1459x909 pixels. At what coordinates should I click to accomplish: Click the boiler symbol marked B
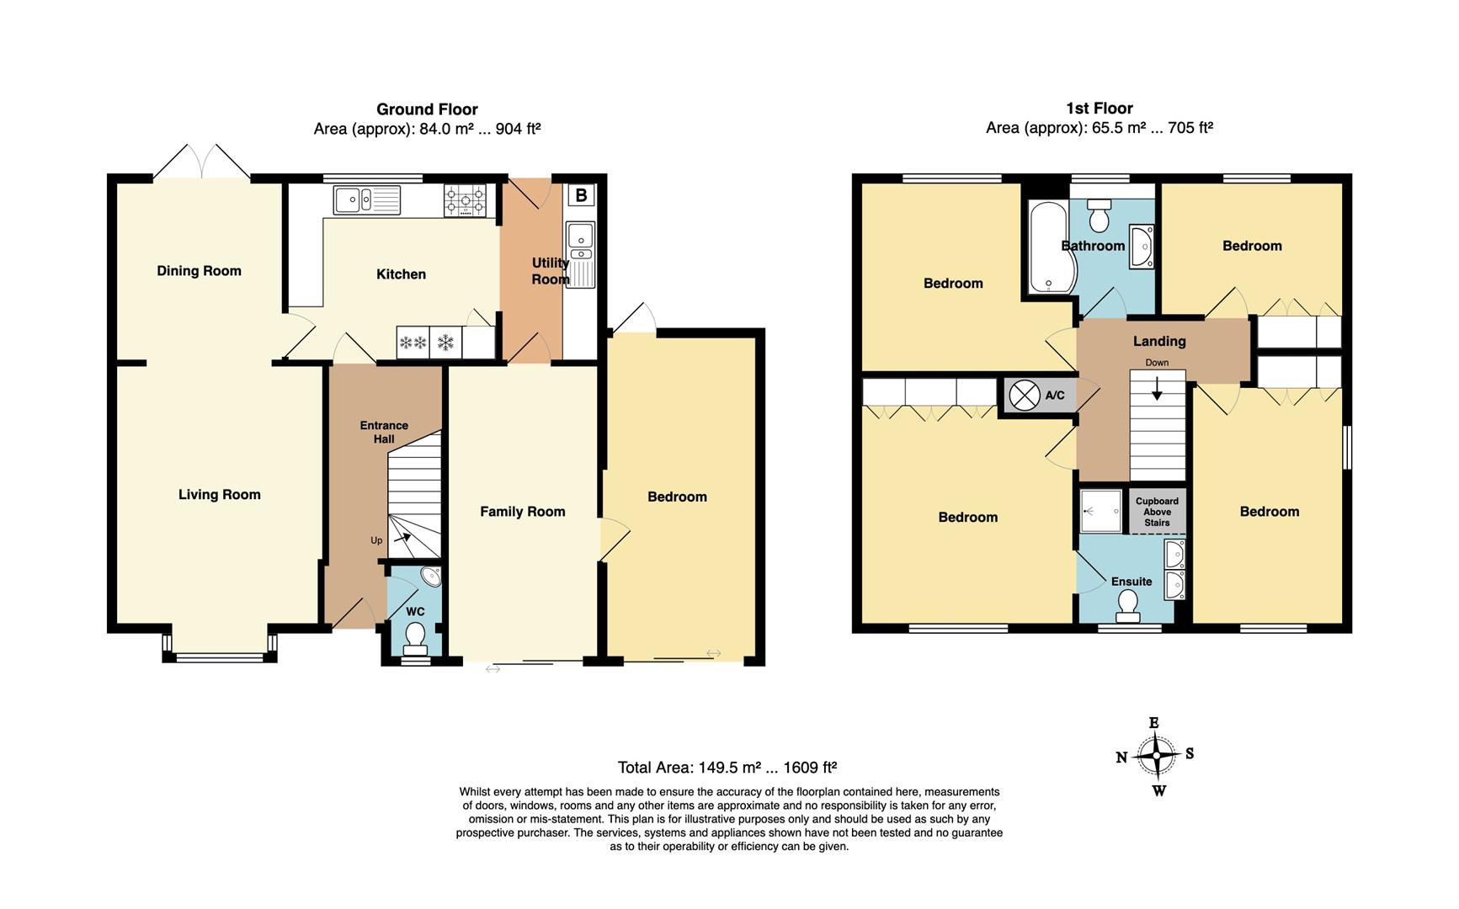pos(581,195)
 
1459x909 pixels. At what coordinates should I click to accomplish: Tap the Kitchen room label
pos(401,274)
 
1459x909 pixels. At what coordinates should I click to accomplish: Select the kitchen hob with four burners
pos(465,200)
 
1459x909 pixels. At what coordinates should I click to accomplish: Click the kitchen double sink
pos(367,199)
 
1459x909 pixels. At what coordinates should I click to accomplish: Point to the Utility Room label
pos(551,271)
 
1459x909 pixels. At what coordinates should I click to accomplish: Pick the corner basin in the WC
pos(431,577)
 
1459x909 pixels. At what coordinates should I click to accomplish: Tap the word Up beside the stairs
pos(376,540)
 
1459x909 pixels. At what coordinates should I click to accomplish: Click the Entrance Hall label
pos(384,432)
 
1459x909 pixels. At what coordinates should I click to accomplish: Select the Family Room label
pos(523,512)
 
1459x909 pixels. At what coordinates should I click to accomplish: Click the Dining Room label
pos(199,271)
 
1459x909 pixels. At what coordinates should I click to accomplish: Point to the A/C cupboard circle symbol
pos(1025,395)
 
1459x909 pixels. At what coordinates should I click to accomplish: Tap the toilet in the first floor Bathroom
pos(1100,215)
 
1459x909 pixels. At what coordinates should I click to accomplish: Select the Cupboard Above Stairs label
pos(1158,512)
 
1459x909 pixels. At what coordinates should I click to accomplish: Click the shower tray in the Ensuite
pos(1101,511)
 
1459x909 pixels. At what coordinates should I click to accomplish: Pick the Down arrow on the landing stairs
pos(1158,389)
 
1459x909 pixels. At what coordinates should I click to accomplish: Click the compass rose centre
pos(1157,756)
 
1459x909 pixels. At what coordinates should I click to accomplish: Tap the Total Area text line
pos(727,768)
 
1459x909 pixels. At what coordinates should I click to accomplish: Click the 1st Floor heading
pos(1100,109)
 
